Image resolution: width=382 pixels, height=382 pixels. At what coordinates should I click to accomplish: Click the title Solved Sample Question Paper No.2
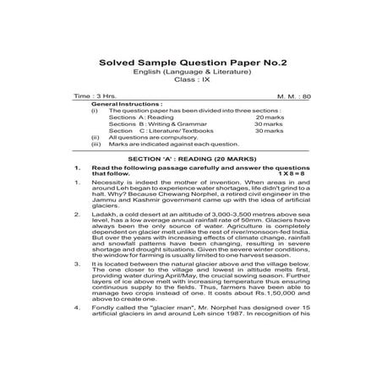point(190,62)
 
